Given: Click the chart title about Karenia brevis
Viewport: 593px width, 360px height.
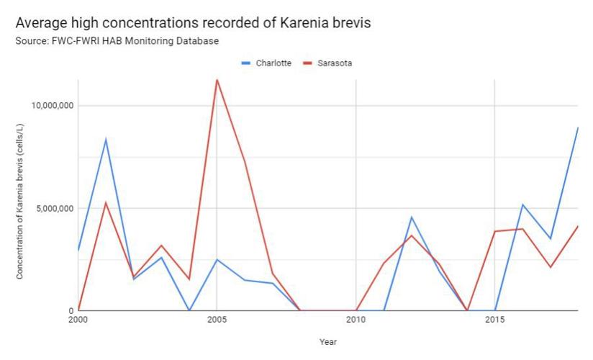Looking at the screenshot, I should pyautogui.click(x=193, y=23).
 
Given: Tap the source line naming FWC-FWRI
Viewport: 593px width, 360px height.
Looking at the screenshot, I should pyautogui.click(x=117, y=41).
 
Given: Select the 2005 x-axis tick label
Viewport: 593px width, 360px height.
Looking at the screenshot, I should pyautogui.click(x=217, y=318).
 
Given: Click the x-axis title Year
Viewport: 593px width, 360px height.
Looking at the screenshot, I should pyautogui.click(x=327, y=342).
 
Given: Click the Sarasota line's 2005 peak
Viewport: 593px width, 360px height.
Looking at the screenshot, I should pyautogui.click(x=217, y=79).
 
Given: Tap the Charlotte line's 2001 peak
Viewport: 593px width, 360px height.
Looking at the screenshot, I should pyautogui.click(x=106, y=139).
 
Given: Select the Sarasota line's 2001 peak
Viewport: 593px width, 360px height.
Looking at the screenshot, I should pyautogui.click(x=106, y=202).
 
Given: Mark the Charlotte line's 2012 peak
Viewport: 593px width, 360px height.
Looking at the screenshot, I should pyautogui.click(x=412, y=217).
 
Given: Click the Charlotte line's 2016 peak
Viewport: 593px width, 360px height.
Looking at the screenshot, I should pyautogui.click(x=522, y=204).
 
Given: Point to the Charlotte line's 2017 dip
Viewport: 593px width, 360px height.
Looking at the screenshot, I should pyautogui.click(x=551, y=238).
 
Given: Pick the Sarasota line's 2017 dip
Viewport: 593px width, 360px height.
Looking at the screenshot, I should pyautogui.click(x=551, y=267).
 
